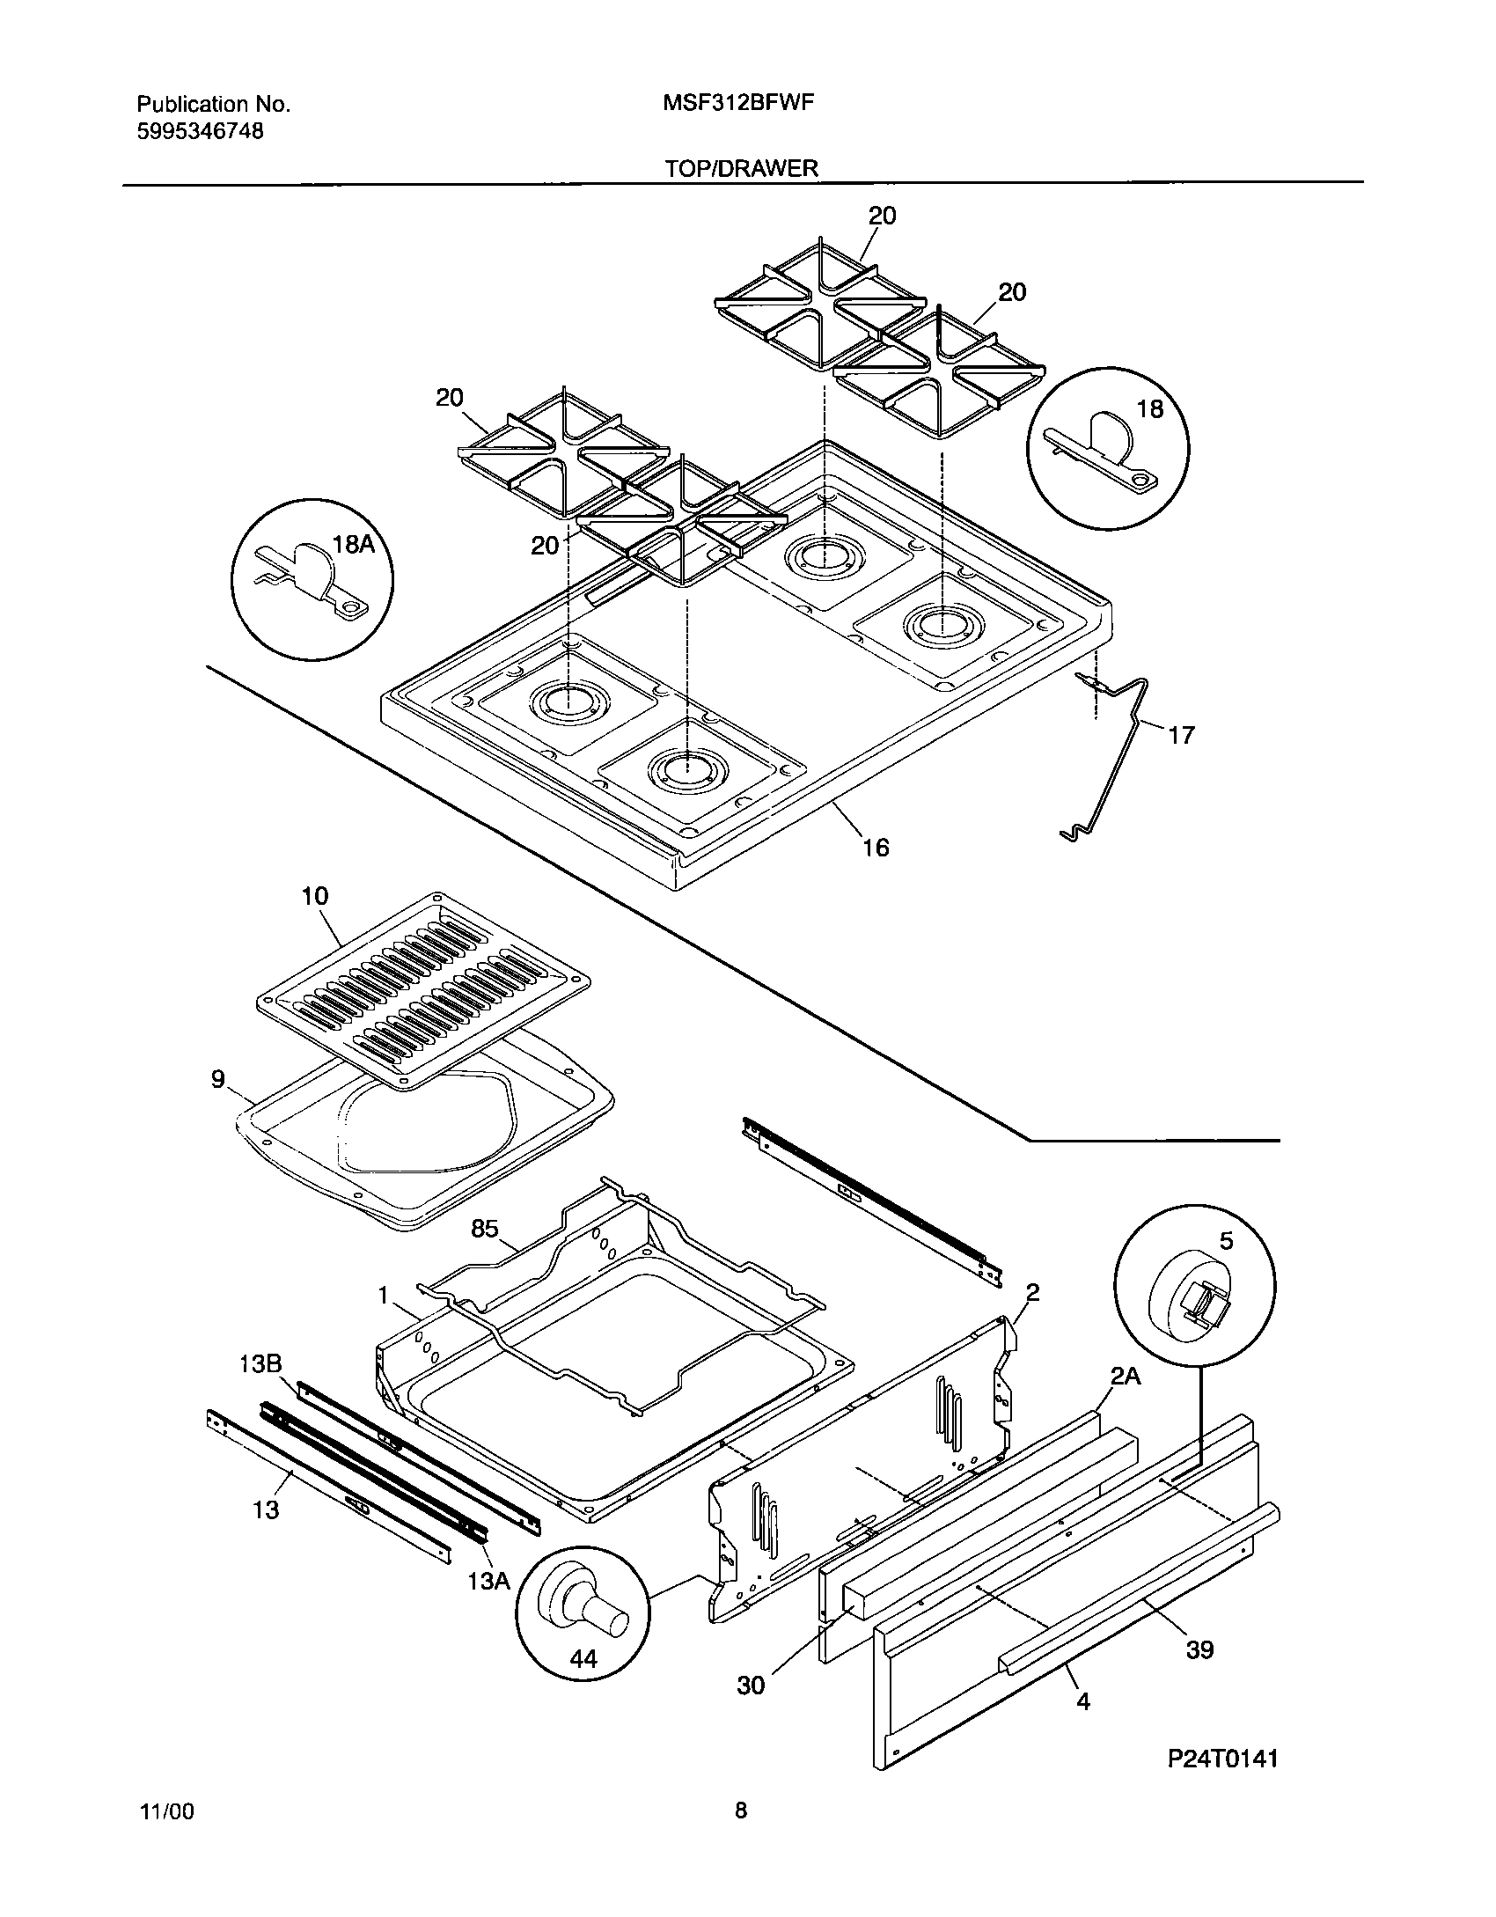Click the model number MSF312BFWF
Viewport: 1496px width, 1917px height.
[737, 103]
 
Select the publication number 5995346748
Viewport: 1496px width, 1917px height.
[200, 132]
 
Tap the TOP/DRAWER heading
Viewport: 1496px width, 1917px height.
[741, 168]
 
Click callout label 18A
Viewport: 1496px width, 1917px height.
[354, 545]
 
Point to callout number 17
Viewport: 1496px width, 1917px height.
[1181, 735]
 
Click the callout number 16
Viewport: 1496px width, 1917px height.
[876, 848]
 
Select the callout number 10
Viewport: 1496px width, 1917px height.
[314, 897]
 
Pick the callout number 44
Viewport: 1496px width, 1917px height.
[583, 1660]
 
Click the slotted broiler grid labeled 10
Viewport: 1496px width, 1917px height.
[422, 992]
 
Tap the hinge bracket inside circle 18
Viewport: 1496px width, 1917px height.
[1102, 451]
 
